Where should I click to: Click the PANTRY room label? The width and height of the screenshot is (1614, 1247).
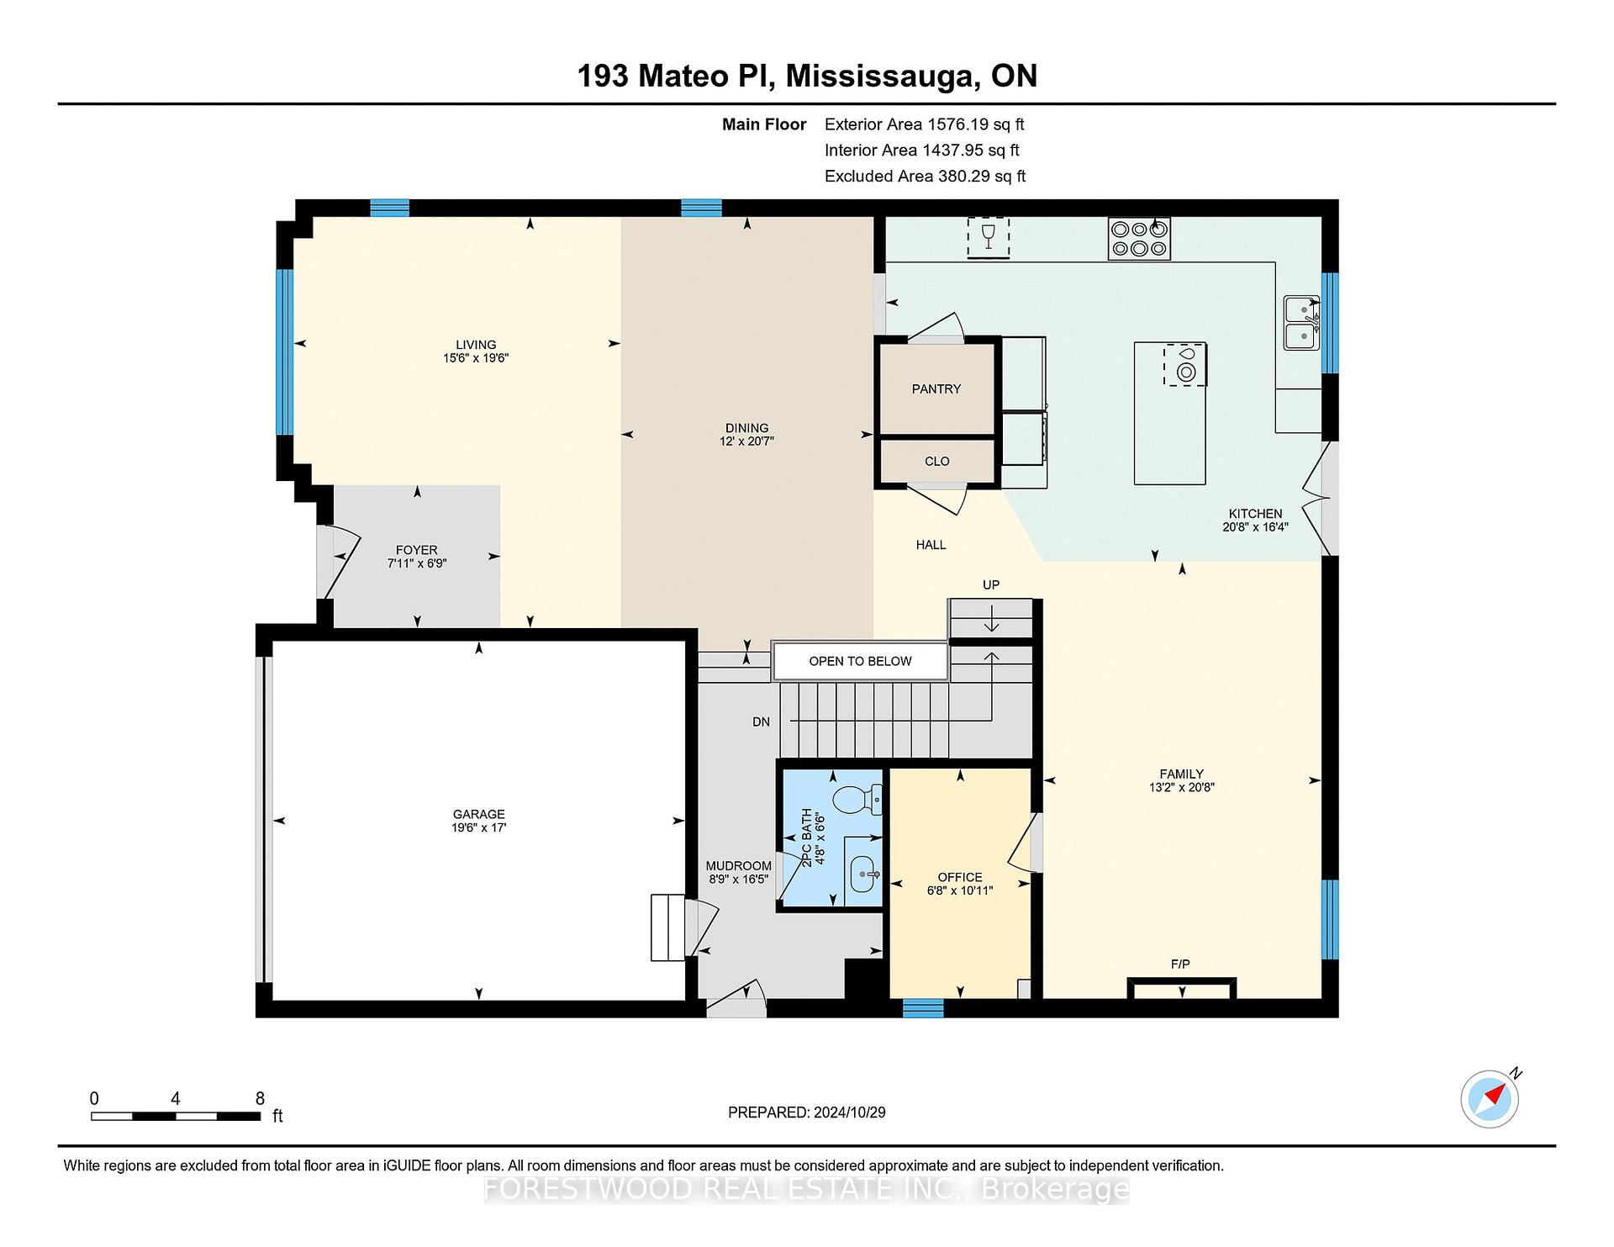[x=936, y=388]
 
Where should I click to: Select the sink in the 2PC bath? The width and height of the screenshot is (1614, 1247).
[x=863, y=874]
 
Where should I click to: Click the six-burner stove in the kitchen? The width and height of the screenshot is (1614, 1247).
[x=1139, y=238]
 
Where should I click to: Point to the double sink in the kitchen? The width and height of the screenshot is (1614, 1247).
[x=1300, y=322]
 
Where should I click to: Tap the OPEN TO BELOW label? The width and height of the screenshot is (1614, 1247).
[x=860, y=661]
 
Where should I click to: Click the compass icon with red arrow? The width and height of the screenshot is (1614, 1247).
[x=1490, y=1098]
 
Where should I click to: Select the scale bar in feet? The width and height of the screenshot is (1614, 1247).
[x=176, y=1116]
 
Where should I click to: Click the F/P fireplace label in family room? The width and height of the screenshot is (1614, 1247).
[x=1180, y=964]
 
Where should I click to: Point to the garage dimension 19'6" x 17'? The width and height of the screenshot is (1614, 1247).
[x=478, y=827]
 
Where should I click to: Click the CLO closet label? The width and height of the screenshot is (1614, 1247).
[x=936, y=461]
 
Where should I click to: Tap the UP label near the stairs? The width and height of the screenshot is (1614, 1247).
[x=991, y=584]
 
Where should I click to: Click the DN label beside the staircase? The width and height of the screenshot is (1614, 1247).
[x=761, y=721]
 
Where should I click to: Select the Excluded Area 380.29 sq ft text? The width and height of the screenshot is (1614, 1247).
[x=925, y=176]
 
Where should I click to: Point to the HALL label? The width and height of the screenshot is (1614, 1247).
[x=931, y=544]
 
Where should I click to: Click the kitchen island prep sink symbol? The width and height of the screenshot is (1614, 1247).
[x=1185, y=365]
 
